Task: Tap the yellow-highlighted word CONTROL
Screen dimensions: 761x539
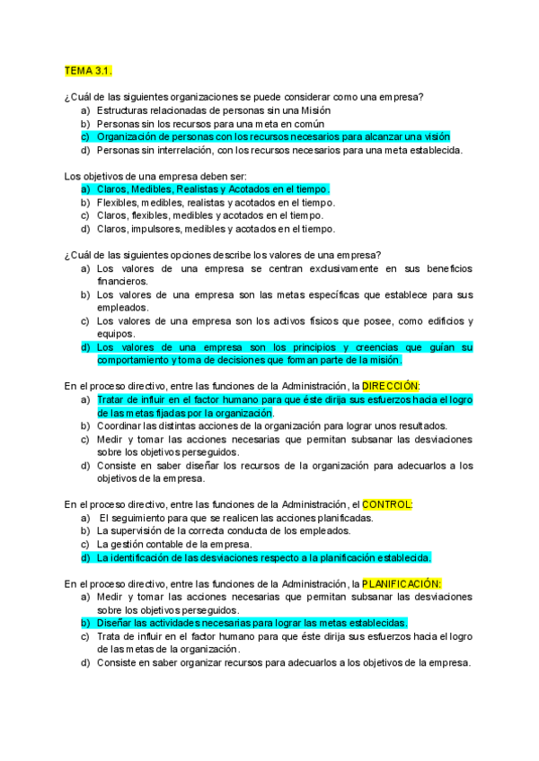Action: tap(386, 504)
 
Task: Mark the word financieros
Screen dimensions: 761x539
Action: tap(123, 281)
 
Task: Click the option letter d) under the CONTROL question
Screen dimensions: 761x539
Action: tap(84, 557)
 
